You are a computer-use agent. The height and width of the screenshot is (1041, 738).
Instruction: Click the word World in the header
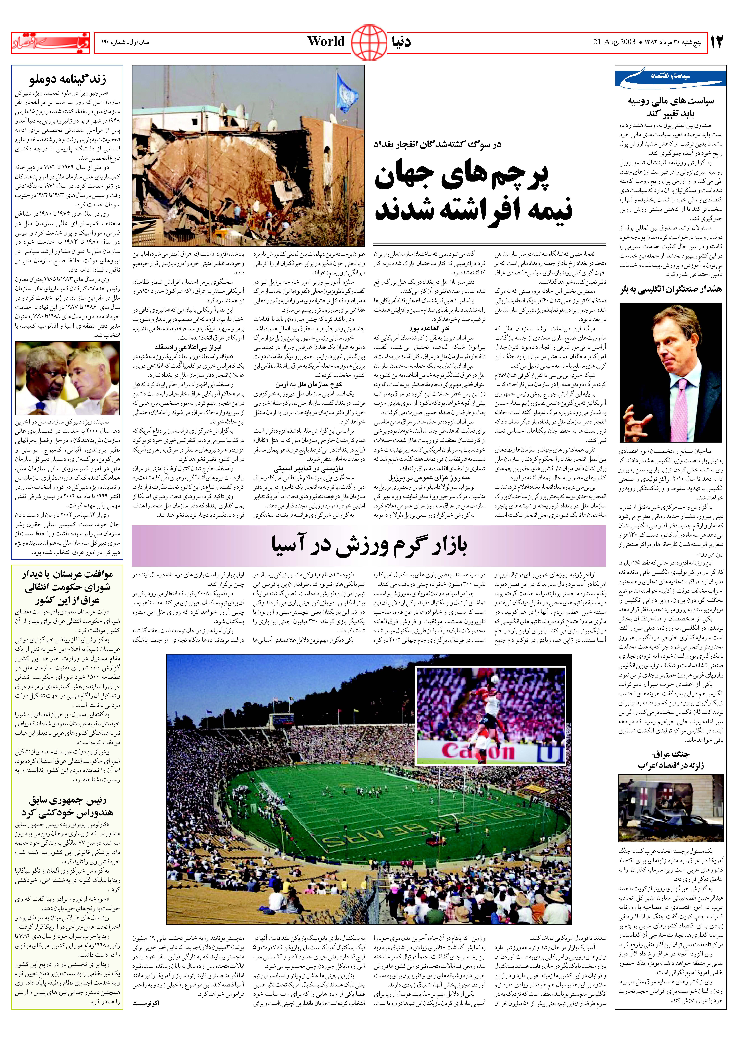click(326, 42)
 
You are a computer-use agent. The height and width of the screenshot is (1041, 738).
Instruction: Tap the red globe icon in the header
click(369, 43)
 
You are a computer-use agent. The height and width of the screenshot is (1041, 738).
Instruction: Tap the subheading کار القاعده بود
click(429, 329)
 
